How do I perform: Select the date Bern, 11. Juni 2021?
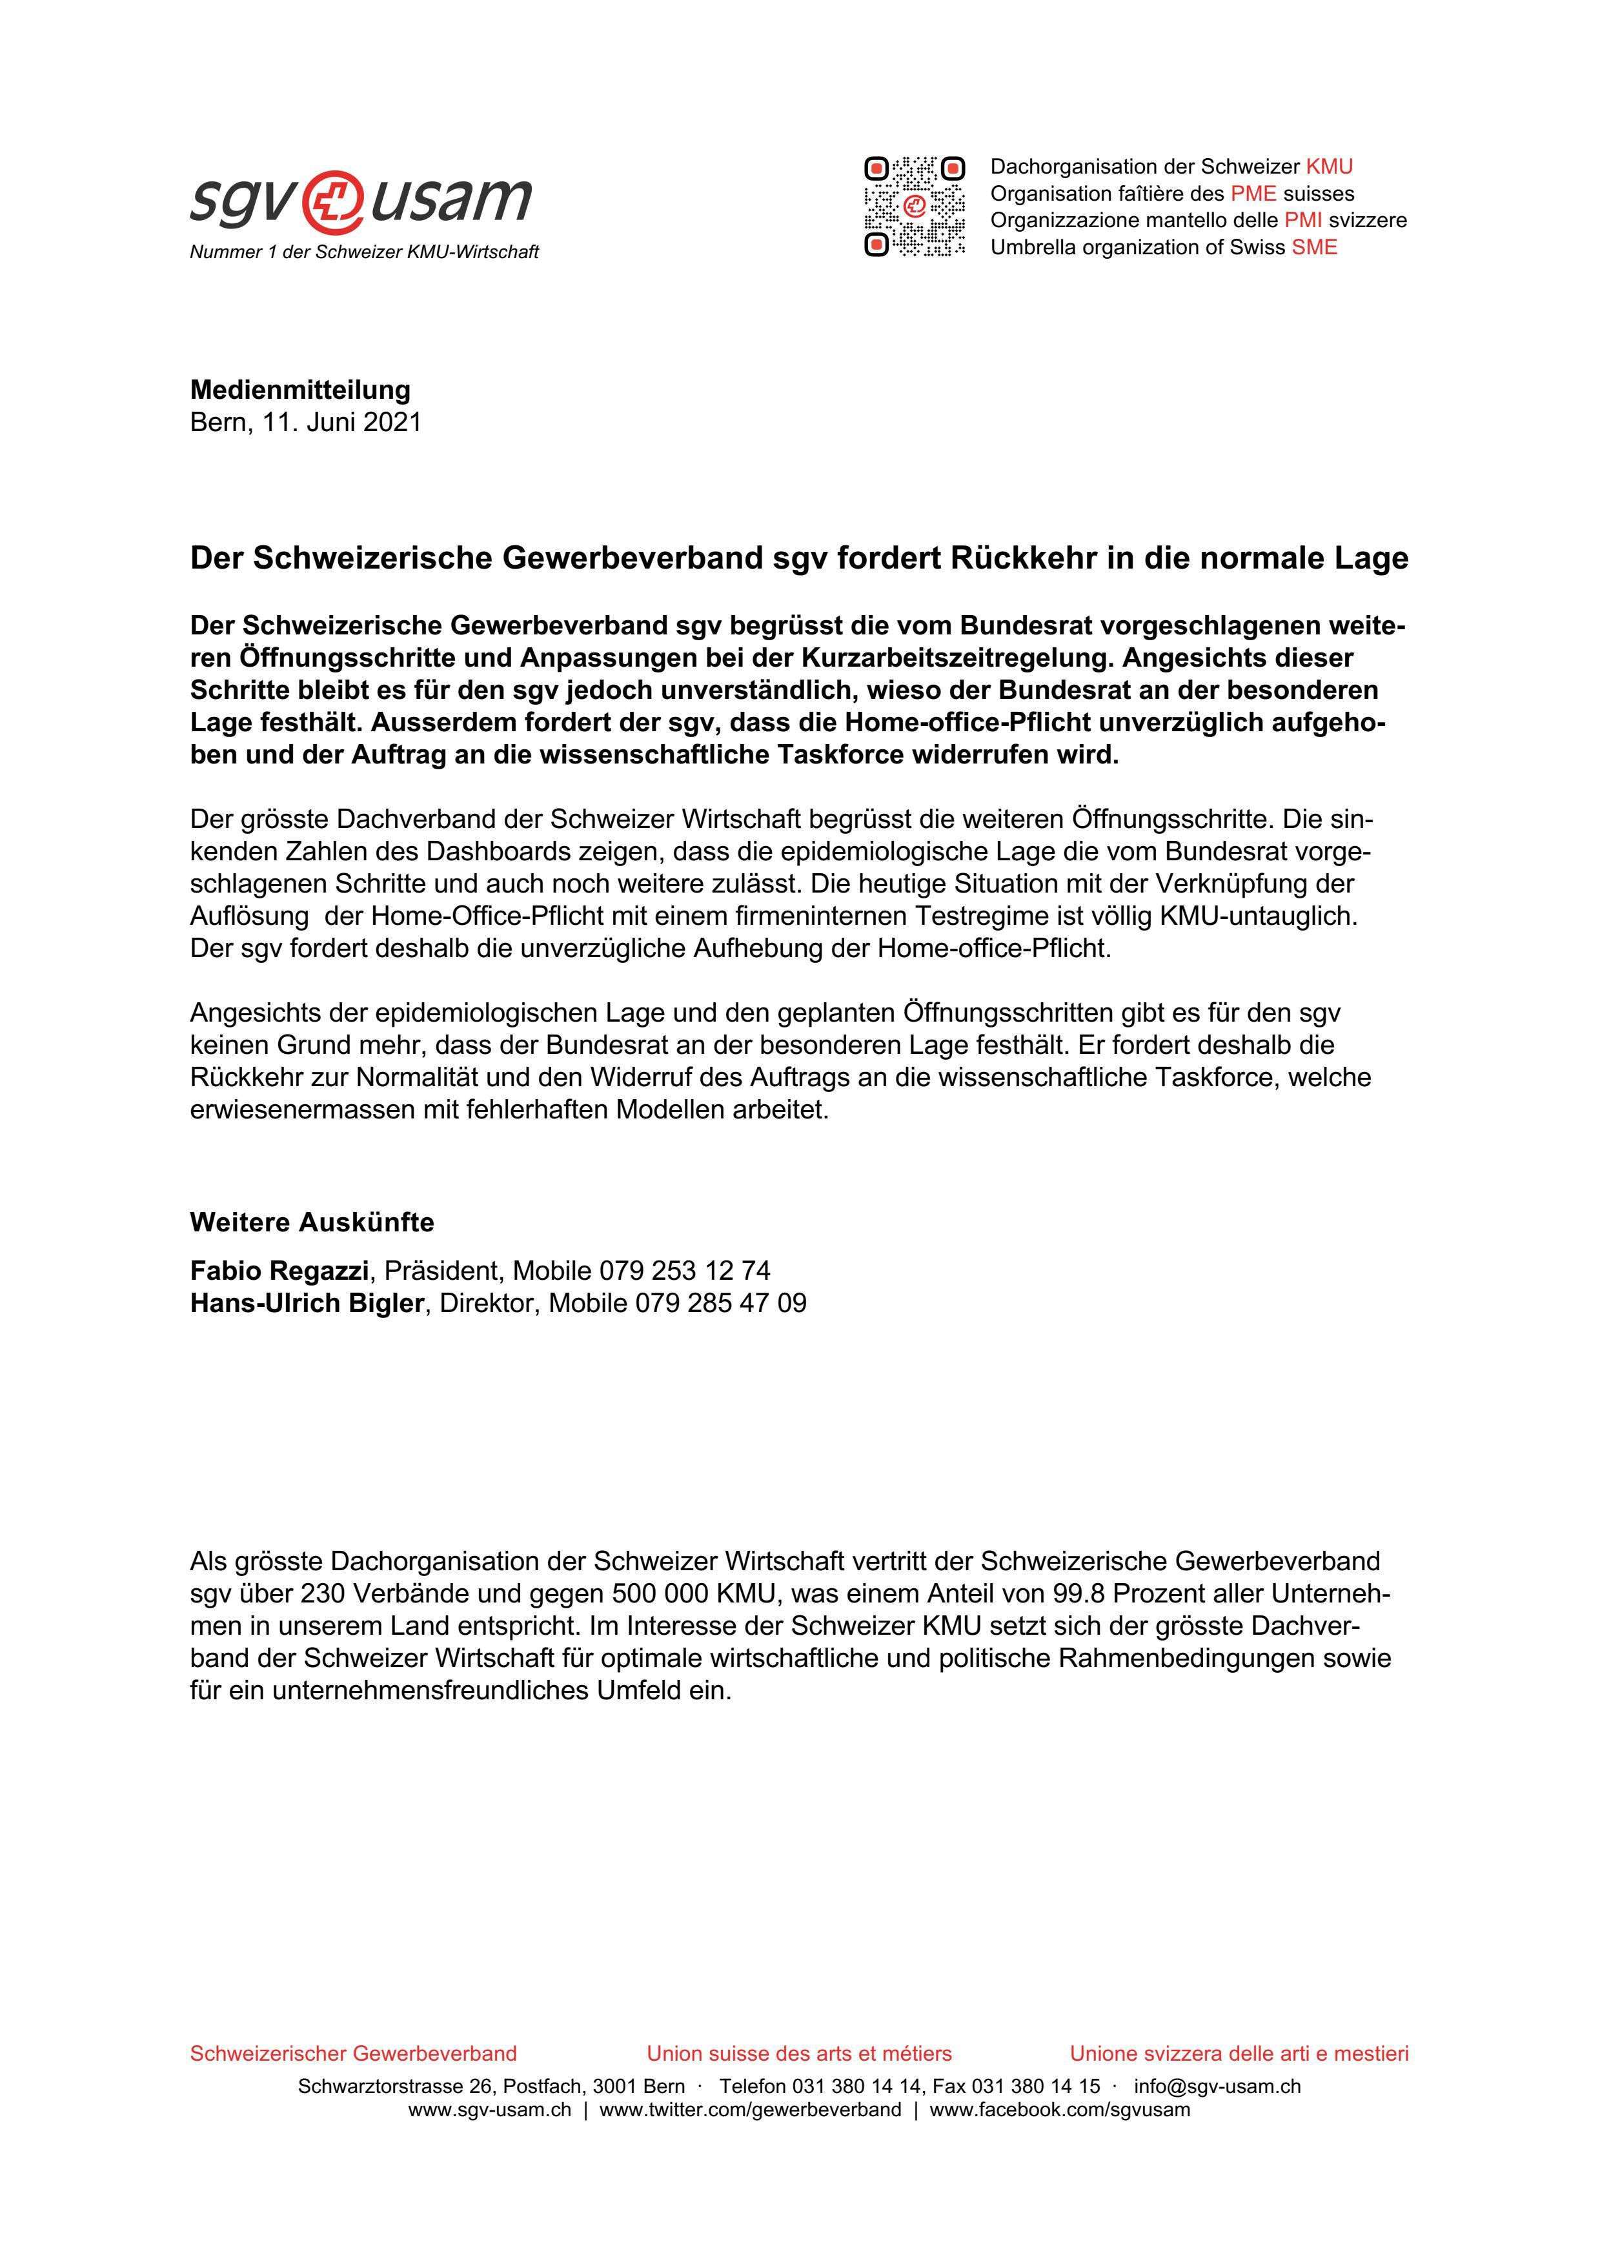click(305, 422)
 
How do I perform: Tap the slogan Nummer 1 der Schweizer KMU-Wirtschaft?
click(364, 252)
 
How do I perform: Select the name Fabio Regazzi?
click(279, 1270)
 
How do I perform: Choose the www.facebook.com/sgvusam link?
click(1060, 2110)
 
